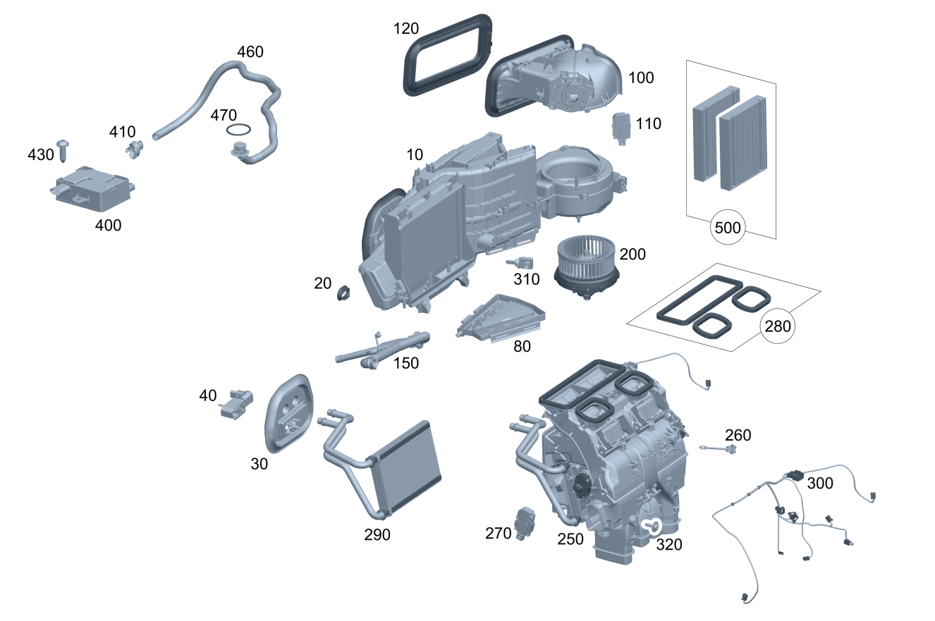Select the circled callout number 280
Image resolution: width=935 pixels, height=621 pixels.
[x=778, y=326]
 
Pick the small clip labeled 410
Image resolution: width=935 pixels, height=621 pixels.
[x=135, y=148]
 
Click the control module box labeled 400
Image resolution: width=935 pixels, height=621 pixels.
[x=92, y=189]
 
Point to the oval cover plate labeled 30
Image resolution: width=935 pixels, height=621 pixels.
[x=289, y=413]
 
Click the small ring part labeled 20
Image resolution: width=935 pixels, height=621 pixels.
[x=346, y=291]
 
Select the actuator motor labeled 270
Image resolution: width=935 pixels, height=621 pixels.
[x=526, y=523]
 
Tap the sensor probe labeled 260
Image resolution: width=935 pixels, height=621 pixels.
[x=719, y=448]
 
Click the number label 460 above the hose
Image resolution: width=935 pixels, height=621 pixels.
[x=250, y=52]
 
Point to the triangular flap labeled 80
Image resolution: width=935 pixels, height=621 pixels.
[x=503, y=319]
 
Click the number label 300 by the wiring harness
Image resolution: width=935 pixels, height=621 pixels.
[x=820, y=483]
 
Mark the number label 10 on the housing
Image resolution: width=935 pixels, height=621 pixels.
[x=415, y=154]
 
